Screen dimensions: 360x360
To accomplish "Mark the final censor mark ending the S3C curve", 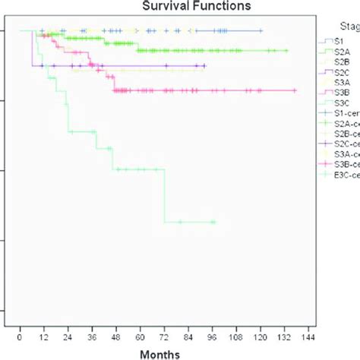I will click(x=213, y=222).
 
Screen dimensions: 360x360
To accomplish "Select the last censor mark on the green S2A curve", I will click(x=286, y=50).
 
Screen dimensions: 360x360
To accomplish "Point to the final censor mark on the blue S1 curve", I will click(x=261, y=30).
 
